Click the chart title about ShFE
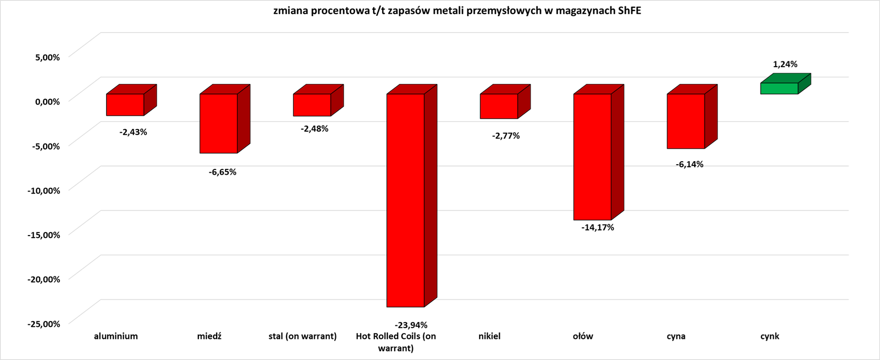pos(457,11)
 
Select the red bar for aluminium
pos(125,104)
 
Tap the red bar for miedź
pos(219,123)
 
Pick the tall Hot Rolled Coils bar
pos(406,200)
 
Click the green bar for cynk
pos(779,88)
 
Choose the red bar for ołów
pos(592,156)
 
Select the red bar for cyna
pos(686,121)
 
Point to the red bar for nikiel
pos(499,106)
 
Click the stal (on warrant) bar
pos(312,105)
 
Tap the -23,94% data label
pos(411,325)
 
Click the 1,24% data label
pos(785,65)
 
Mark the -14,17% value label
pos(598,228)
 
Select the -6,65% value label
pos(222,172)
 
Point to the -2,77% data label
pos(506,136)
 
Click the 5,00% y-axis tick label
pos(48,57)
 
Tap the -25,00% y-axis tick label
pos(44,324)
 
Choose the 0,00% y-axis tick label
pos(48,101)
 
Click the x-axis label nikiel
pos(490,336)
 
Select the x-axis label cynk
pos(770,336)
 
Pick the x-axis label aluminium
pos(116,336)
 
